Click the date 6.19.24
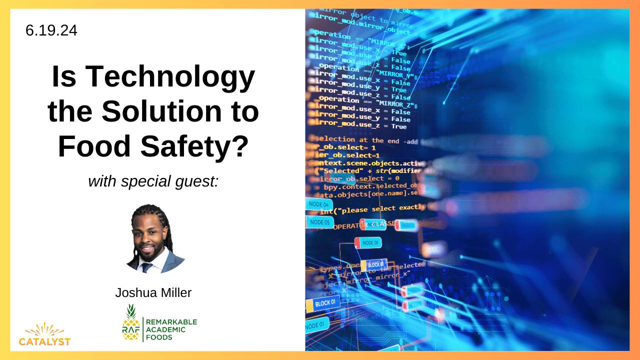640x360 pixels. click(x=51, y=30)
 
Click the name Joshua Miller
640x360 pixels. click(x=153, y=292)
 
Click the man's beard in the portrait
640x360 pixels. click(x=146, y=254)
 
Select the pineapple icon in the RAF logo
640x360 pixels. click(x=131, y=322)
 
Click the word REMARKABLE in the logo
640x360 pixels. click(x=171, y=321)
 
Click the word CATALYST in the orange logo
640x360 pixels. click(x=44, y=342)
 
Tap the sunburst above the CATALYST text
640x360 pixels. click(x=44, y=329)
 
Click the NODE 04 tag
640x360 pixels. click(x=318, y=204)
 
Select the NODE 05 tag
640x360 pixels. click(x=319, y=222)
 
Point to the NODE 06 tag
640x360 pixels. click(x=370, y=242)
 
